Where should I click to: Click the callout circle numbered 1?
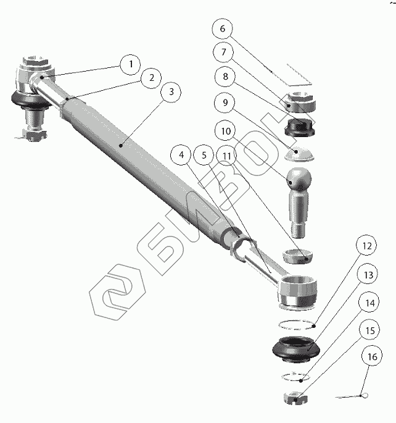point(130,63)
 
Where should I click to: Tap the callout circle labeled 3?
point(170,92)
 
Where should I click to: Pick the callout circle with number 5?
point(204,156)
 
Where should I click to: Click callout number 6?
point(223,29)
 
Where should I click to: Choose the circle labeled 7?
point(223,52)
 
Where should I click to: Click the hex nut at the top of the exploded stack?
point(301,102)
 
